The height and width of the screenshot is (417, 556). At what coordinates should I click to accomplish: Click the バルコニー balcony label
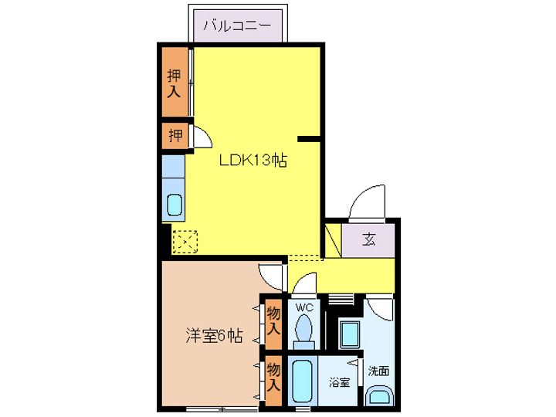pyautogui.click(x=238, y=25)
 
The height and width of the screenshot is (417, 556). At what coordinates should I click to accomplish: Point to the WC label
pyautogui.click(x=305, y=307)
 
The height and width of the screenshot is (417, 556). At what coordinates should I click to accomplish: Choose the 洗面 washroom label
pyautogui.click(x=378, y=371)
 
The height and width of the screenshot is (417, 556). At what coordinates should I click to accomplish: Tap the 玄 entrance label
pyautogui.click(x=369, y=239)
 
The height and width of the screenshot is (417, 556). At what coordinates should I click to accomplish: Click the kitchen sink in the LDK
pyautogui.click(x=174, y=206)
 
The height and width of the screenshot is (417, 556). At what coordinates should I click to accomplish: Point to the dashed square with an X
pyautogui.click(x=185, y=242)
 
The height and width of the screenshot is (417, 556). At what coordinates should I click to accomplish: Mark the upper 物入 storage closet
pyautogui.click(x=273, y=322)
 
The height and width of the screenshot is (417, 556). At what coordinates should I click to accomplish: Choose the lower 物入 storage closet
pyautogui.click(x=273, y=378)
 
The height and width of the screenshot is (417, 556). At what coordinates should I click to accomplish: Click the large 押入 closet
pyautogui.click(x=175, y=81)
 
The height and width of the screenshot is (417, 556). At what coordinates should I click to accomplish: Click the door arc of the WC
pyautogui.click(x=305, y=282)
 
